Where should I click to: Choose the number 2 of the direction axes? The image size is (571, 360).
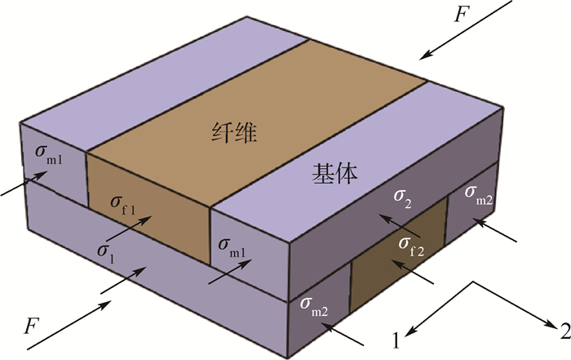[x=562, y=331]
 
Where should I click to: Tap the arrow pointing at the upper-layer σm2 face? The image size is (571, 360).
[x=494, y=230]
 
